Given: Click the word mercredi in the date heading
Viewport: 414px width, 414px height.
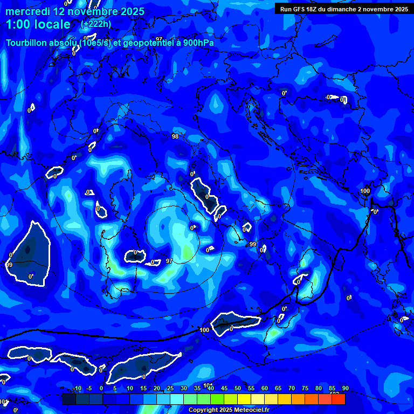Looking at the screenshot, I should (x=27, y=11).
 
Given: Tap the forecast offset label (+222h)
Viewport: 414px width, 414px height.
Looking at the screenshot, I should (x=96, y=24).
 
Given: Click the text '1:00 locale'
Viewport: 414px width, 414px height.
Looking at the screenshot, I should (x=38, y=24).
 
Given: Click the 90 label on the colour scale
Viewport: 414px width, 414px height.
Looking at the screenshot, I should (x=345, y=388).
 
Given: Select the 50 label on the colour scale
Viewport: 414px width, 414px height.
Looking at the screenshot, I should (x=238, y=388).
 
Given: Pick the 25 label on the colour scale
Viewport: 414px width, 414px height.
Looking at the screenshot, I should (x=170, y=388).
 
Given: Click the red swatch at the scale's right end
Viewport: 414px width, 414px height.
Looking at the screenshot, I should (x=339, y=399).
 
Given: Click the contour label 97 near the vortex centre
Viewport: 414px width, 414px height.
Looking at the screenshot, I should (x=169, y=261).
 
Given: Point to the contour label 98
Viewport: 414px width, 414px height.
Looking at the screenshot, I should (x=175, y=136).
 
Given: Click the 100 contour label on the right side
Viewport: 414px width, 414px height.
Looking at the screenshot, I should (x=365, y=191).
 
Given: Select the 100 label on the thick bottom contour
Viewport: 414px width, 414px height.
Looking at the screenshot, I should (x=204, y=330).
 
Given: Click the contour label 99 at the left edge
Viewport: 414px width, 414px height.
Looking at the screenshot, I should (x=9, y=265).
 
